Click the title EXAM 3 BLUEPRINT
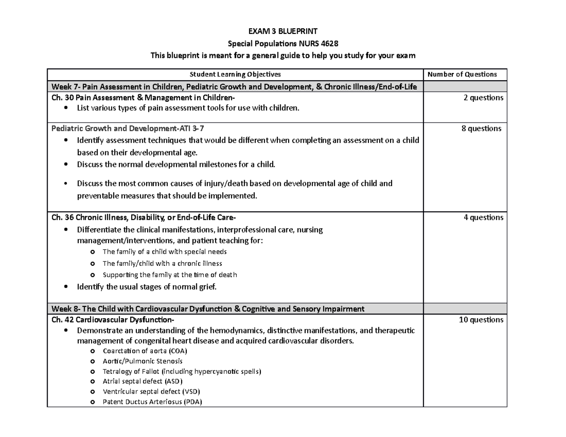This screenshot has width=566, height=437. point(283,32)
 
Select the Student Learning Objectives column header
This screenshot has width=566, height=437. point(235,74)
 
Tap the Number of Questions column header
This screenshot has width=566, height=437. point(466,74)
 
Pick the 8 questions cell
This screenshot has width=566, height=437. point(482,128)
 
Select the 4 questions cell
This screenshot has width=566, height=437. point(483,218)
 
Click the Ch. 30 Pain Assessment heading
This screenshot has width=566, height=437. point(142,98)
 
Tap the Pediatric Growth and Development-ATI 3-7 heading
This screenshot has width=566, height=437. point(128,128)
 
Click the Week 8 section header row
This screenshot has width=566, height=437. point(208,309)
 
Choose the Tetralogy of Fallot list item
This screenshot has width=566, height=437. point(181,371)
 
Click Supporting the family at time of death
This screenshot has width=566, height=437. point(169,275)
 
